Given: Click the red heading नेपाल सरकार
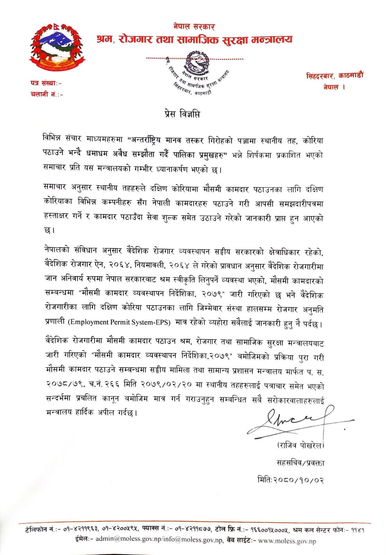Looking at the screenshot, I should coord(194,27).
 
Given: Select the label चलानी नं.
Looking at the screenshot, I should coord(46,94).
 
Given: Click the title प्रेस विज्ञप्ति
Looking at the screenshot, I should coord(182,114).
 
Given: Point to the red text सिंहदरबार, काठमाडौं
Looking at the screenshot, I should coord(335,75).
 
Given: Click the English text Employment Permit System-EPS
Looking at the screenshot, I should coord(119,322).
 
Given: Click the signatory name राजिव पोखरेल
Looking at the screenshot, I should coord(300,445).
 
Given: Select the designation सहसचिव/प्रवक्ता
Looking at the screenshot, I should coord(300,463).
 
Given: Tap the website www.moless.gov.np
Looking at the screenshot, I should coord(287,540).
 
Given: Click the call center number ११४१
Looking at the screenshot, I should coord(357,530).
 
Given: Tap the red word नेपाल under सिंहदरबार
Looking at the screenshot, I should coord(331,87).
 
